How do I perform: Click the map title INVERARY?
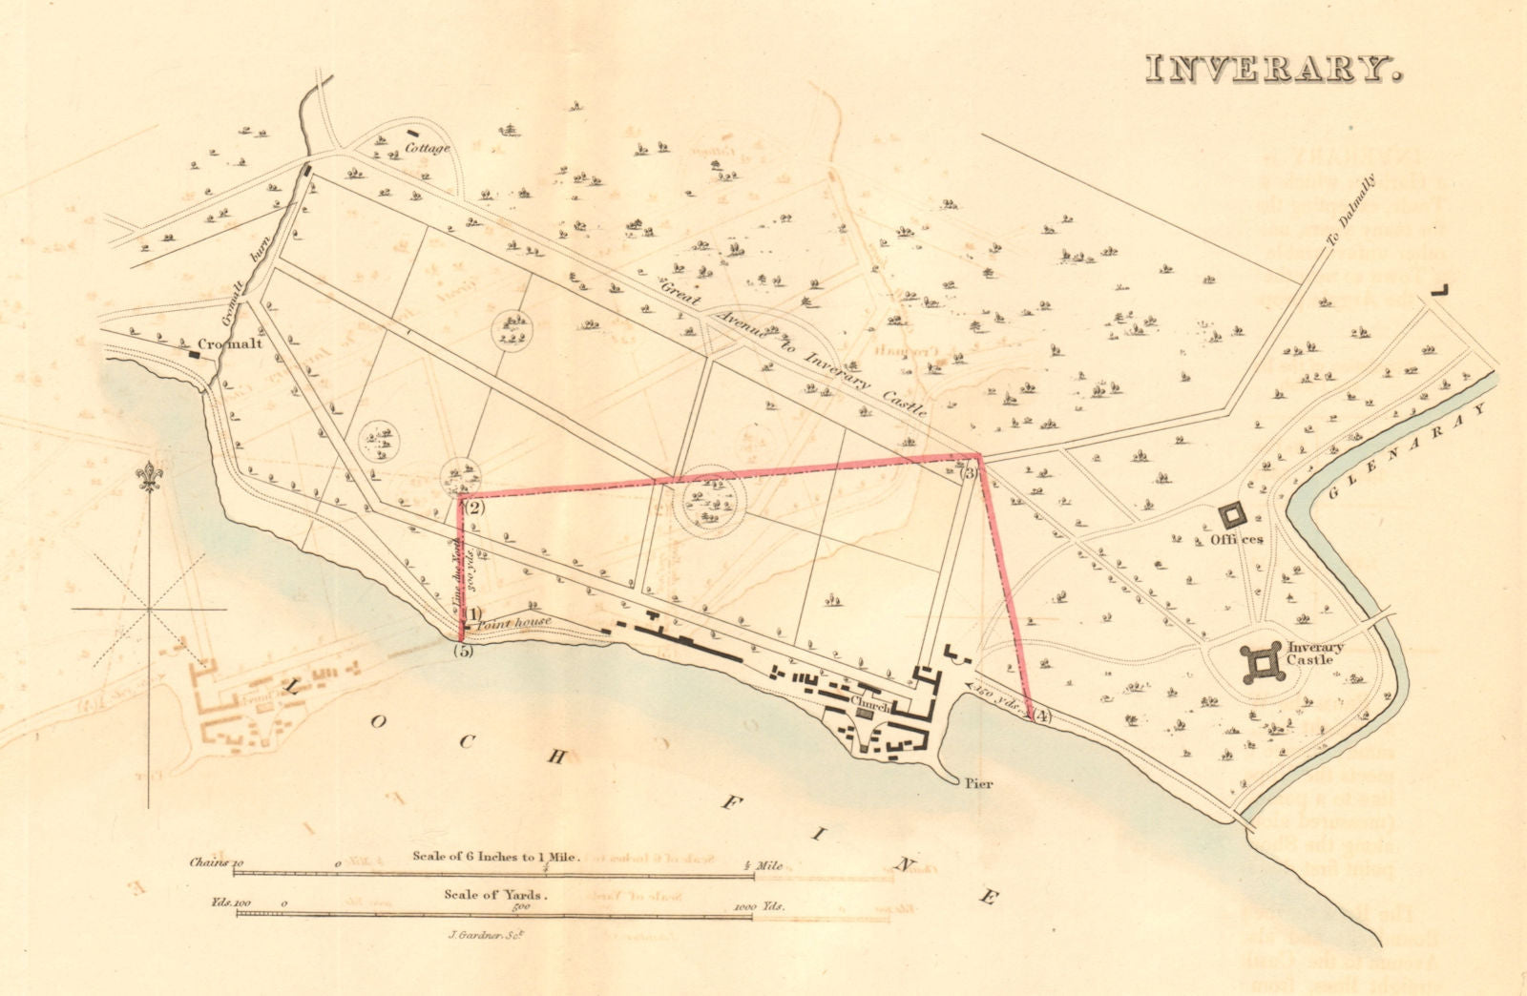click(1273, 69)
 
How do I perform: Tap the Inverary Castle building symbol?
click(1262, 662)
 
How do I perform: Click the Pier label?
click(978, 783)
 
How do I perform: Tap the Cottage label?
click(427, 148)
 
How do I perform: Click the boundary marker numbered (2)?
click(474, 508)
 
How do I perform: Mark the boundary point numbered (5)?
click(464, 652)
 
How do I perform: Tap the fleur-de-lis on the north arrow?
click(150, 475)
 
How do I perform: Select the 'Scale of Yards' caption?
click(492, 895)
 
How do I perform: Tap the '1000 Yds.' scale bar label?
click(761, 906)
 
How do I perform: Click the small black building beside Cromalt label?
click(195, 354)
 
